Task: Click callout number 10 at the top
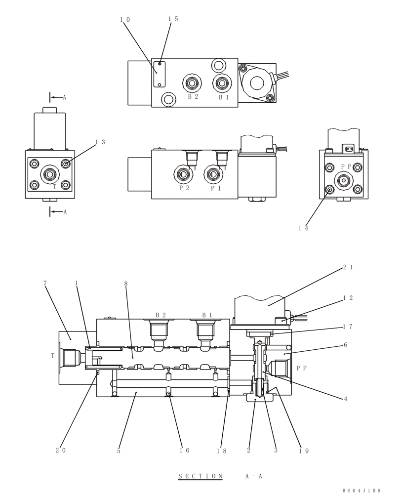click(124, 20)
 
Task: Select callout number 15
click(173, 19)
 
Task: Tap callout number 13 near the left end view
click(100, 142)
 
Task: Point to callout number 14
click(303, 228)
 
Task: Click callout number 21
click(348, 268)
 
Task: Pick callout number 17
click(347, 327)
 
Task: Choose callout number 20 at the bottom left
click(61, 450)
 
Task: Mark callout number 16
click(184, 450)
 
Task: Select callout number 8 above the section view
click(126, 284)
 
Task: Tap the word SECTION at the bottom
click(200, 476)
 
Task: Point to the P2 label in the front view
click(184, 188)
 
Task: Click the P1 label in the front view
click(216, 188)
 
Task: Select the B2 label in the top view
click(193, 97)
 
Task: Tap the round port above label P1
click(213, 173)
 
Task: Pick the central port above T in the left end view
click(49, 174)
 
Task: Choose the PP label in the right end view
click(346, 167)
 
